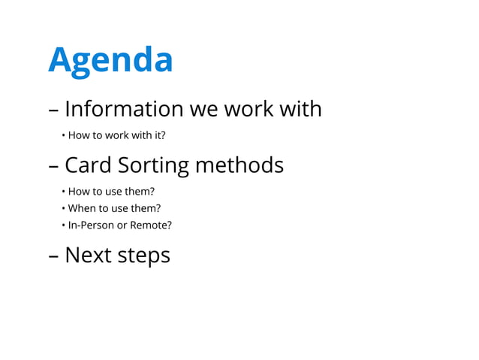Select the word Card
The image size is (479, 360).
(89, 165)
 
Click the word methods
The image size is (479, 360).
(239, 165)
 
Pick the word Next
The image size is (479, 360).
(88, 256)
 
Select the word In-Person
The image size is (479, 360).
(90, 225)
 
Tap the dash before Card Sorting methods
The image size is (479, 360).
(53, 166)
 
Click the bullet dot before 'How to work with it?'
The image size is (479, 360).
(63, 136)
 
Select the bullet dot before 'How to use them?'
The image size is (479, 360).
(63, 191)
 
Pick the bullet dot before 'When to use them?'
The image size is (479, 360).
(63, 208)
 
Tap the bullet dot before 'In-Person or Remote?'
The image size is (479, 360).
(63, 225)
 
